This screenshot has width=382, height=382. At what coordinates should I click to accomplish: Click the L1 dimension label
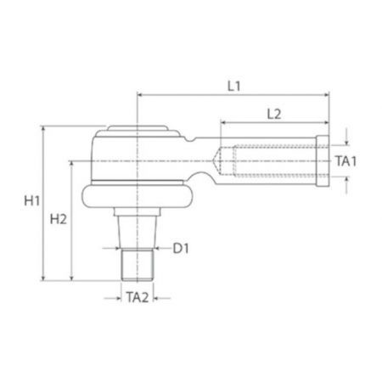click(234, 86)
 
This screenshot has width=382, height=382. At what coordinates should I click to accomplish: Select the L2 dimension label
click(274, 114)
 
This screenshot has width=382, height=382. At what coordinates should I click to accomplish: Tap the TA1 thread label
click(346, 161)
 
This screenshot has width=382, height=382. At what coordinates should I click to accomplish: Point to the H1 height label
click(32, 201)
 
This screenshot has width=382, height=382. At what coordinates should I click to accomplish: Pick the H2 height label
click(59, 219)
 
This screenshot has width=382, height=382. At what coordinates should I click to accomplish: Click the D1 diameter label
click(181, 249)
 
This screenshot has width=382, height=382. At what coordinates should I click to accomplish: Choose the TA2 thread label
click(138, 298)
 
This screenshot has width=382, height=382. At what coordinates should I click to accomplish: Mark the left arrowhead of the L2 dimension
click(223, 122)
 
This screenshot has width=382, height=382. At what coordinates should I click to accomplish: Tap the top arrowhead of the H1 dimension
click(43, 129)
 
